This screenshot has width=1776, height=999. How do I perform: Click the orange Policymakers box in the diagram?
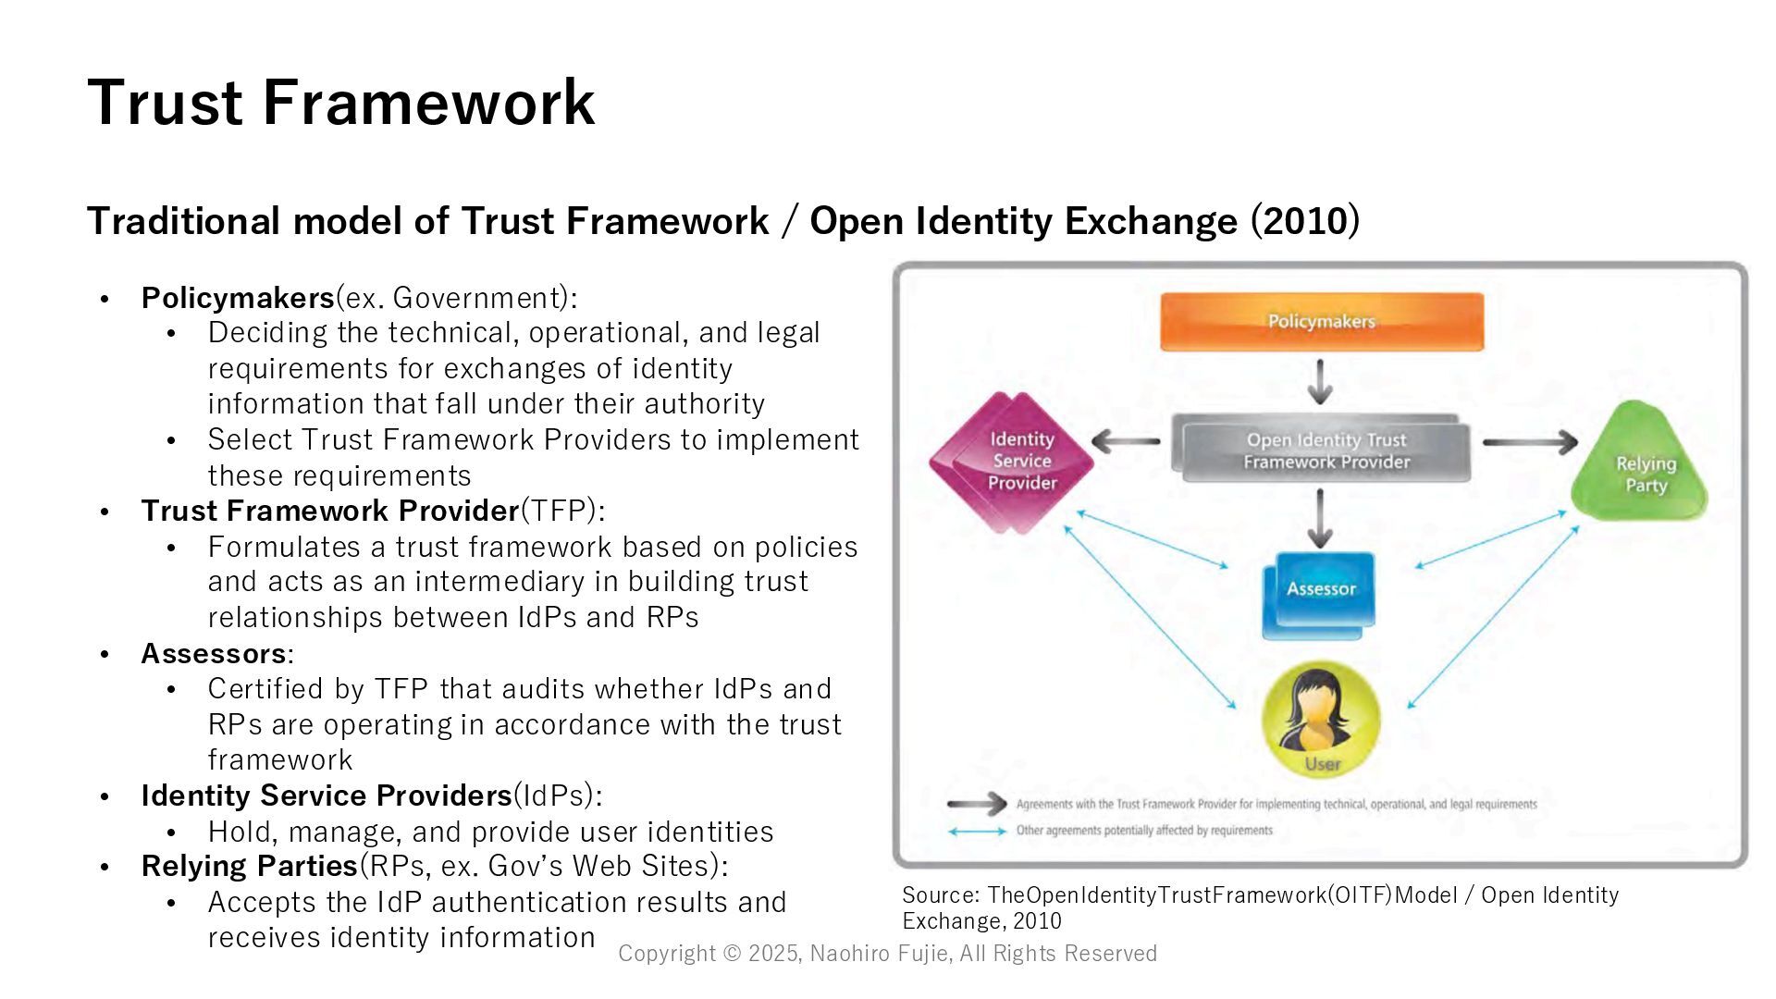click(1322, 322)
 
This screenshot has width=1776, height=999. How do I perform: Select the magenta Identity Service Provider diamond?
click(1014, 462)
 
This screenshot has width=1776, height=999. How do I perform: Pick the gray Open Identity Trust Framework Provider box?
click(1324, 450)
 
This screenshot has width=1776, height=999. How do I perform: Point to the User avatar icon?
click(1320, 718)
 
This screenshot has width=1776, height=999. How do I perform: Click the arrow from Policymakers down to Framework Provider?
click(1320, 381)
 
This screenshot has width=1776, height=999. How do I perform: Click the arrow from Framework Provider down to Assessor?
click(1320, 518)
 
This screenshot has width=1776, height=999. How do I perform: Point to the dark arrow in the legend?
click(977, 804)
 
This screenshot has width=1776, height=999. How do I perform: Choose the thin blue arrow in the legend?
click(977, 831)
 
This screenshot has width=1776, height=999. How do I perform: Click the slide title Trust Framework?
click(340, 102)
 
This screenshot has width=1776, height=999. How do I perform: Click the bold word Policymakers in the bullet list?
click(237, 298)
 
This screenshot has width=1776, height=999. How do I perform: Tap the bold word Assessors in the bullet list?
click(213, 653)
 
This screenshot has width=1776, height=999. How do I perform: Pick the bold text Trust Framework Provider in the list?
click(329, 511)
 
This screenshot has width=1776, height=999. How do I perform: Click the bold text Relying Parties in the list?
click(249, 866)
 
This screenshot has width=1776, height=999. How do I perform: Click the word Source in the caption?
click(940, 895)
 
